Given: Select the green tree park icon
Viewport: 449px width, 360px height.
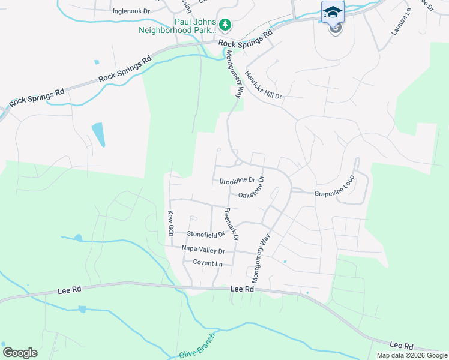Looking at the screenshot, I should pos(225,25).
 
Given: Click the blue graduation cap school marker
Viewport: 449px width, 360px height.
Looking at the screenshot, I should pos(333,12).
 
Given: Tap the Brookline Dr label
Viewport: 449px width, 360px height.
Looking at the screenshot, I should pos(238,181).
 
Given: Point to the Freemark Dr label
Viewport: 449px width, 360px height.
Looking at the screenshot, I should pos(231,224).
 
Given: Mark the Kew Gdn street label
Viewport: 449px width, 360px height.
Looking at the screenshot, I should pos(170,223).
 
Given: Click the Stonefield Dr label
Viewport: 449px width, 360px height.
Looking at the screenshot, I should pos(206,234).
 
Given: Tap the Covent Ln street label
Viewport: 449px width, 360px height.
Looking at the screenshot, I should pos(208,263).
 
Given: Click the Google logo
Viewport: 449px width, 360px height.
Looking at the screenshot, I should pos(20,353).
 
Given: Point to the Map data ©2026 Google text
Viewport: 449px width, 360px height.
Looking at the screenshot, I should pos(412,355).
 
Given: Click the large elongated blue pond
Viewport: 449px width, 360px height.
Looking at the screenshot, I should pos(98,134).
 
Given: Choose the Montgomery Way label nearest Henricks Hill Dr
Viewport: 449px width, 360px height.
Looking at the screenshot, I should pos(235,74).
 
